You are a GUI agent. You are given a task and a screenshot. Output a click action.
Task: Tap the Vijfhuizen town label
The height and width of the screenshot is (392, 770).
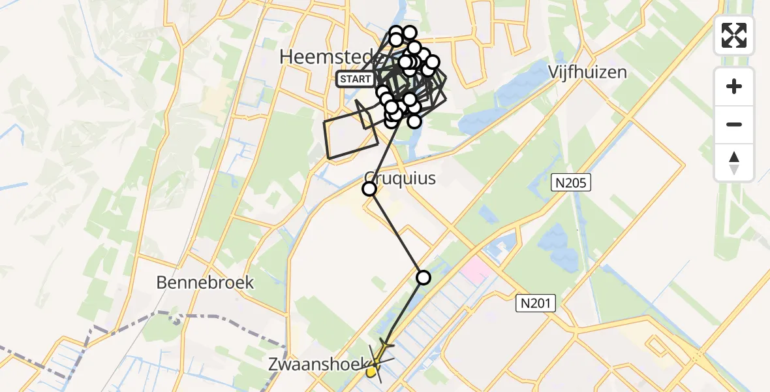click(x=587, y=71)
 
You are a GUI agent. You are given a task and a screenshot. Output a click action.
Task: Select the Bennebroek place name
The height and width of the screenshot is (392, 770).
click(x=205, y=282)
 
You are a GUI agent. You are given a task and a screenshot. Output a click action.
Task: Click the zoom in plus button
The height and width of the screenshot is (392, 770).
click(x=734, y=86)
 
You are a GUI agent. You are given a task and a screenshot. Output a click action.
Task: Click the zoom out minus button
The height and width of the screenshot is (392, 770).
click(x=734, y=124)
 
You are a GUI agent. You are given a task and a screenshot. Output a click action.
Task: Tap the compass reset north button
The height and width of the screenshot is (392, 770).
click(x=734, y=163)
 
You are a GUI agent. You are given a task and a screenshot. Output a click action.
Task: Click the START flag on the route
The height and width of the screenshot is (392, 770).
click(x=356, y=80)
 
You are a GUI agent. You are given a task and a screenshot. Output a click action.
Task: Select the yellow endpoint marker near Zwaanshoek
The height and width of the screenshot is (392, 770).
click(x=371, y=372)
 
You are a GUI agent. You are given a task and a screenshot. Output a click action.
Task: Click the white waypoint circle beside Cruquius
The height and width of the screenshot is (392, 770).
click(x=369, y=189)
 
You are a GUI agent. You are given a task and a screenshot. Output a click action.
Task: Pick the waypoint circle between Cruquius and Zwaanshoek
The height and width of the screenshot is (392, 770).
click(x=423, y=278)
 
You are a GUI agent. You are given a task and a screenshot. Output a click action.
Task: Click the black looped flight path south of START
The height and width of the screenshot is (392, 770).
click(x=351, y=134)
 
